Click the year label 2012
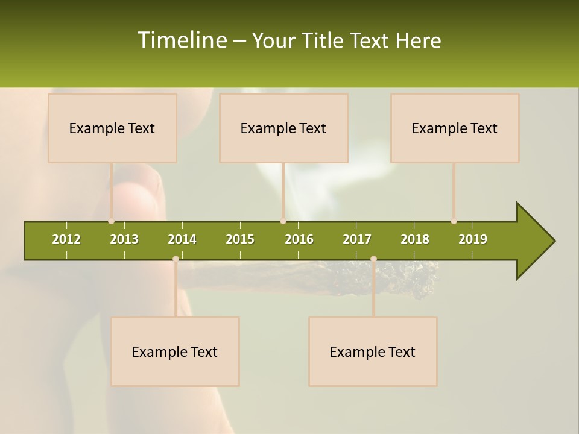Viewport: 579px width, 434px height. pos(66,239)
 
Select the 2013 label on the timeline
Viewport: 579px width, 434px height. pos(124,239)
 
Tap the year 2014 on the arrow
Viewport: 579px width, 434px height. pos(182,239)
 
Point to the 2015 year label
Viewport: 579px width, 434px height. pos(240,239)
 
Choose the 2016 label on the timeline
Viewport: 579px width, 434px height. pos(299,239)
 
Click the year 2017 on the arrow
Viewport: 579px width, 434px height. pos(357,239)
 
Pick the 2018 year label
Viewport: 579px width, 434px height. pos(415,239)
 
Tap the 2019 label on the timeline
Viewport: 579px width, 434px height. pos(473,239)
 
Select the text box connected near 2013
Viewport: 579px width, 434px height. pos(112,128)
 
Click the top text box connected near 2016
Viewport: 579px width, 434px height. pos(283,128)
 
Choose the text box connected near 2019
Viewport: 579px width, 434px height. pos(455,128)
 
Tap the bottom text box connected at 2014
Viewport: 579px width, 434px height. pos(175,351)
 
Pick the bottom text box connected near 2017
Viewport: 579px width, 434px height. pos(373,351)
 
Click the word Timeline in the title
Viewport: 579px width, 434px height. pos(181,40)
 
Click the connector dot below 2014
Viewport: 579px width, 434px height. pos(176,259)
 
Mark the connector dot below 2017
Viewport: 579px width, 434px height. pos(373,259)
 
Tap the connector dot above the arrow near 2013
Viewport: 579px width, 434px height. pos(111,221)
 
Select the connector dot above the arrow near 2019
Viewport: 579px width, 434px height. pos(454,221)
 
